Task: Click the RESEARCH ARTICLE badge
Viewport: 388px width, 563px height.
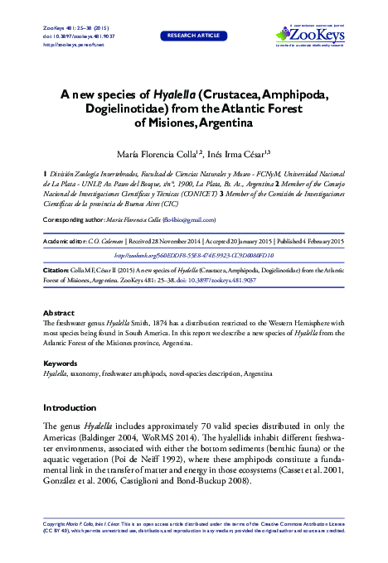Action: coord(193,36)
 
